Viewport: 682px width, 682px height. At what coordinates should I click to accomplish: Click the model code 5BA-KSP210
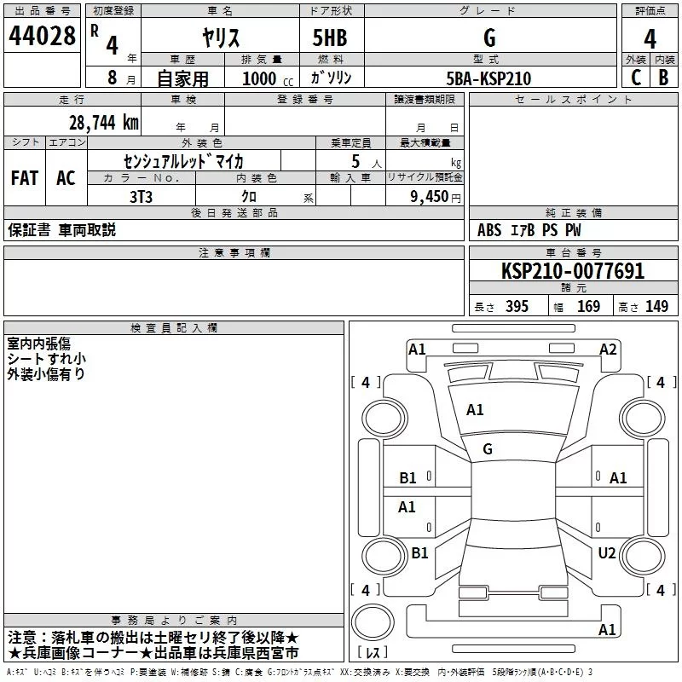(488, 78)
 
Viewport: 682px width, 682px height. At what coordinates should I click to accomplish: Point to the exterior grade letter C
(635, 78)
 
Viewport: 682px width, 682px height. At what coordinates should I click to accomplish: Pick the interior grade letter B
(664, 78)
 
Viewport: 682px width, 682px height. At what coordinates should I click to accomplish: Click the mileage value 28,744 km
(101, 122)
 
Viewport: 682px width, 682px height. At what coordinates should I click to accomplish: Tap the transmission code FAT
(25, 178)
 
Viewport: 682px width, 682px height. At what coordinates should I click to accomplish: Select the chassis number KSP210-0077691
(573, 272)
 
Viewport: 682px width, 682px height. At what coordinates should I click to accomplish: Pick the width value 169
(588, 307)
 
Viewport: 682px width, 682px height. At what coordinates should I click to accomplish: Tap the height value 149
(656, 307)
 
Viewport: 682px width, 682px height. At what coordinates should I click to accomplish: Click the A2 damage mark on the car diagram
(608, 349)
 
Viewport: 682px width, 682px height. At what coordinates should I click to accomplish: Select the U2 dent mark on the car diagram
(606, 553)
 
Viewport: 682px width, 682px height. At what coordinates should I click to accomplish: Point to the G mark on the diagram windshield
(488, 449)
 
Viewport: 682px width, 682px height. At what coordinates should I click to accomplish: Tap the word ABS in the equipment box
(489, 230)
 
